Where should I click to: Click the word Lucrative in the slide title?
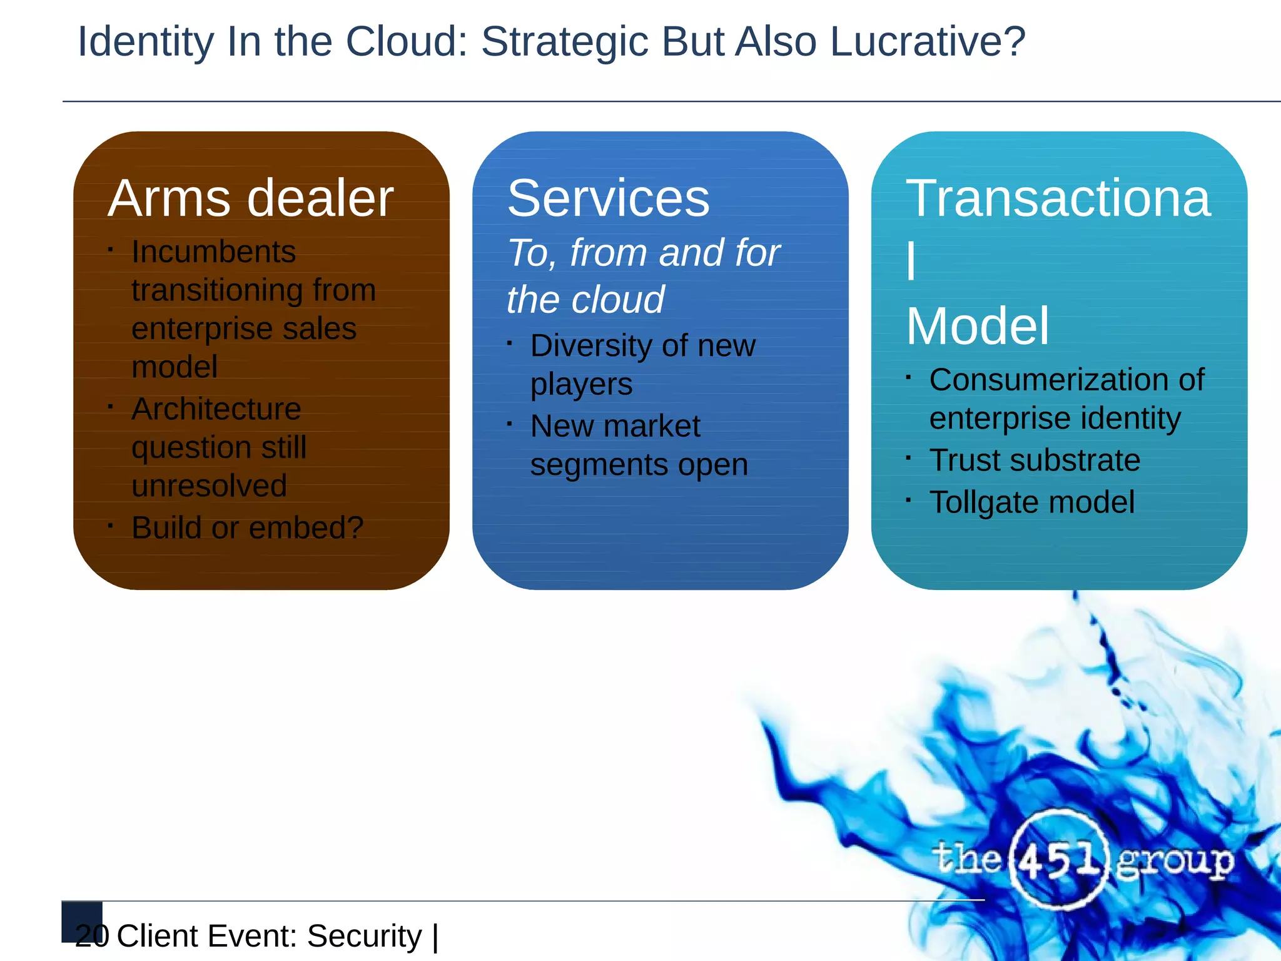pos(927,41)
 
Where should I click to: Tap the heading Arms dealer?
pos(251,198)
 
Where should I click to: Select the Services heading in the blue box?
pos(608,198)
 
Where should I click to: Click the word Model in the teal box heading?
pos(977,326)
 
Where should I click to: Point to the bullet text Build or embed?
pos(247,527)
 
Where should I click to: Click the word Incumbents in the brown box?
pos(213,252)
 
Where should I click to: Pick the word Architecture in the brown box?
pos(216,409)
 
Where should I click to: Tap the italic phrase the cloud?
pos(585,299)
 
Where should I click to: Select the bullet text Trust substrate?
pos(1035,460)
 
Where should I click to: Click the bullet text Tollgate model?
pos(1031,502)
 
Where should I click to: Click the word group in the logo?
pos(1175,862)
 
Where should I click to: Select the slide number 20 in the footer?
pos(91,935)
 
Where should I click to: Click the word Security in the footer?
pos(364,936)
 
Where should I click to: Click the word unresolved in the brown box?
pos(209,486)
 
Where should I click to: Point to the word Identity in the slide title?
pos(145,41)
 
